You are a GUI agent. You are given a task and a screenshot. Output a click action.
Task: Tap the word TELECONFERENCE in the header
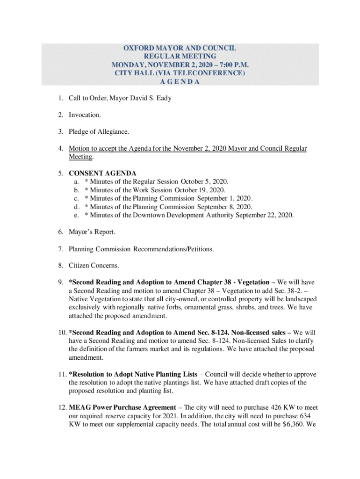point(211,73)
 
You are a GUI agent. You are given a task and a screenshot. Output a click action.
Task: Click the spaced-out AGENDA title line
point(180,81)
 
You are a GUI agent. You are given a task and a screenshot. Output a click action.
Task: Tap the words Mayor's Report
point(92,232)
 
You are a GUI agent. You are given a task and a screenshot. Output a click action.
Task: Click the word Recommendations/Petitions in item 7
point(174,249)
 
